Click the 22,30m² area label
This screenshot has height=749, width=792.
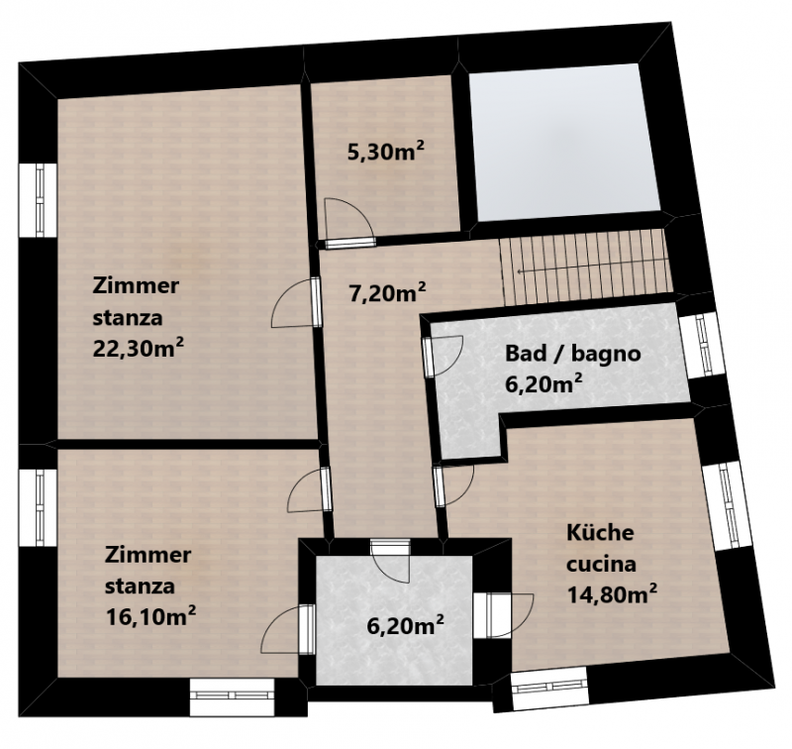coord(138,348)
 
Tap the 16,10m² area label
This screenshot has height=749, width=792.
coord(150,616)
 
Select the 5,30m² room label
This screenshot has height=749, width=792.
coord(386,152)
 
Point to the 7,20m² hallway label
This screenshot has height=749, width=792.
coord(387,293)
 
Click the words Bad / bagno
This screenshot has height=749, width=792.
coord(573,354)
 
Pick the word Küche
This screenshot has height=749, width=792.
coord(600,532)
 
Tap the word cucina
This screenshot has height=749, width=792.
coord(601,564)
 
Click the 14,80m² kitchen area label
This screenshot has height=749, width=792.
coord(612,594)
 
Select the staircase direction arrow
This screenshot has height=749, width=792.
coord(592,270)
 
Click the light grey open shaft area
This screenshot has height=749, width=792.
coord(564,142)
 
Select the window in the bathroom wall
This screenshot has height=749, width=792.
coord(703,345)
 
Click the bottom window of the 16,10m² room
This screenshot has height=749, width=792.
coord(232,696)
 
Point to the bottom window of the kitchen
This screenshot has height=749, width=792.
coord(549,688)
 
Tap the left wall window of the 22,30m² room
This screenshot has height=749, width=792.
coord(39,199)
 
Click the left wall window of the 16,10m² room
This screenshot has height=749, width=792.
coord(39,507)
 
